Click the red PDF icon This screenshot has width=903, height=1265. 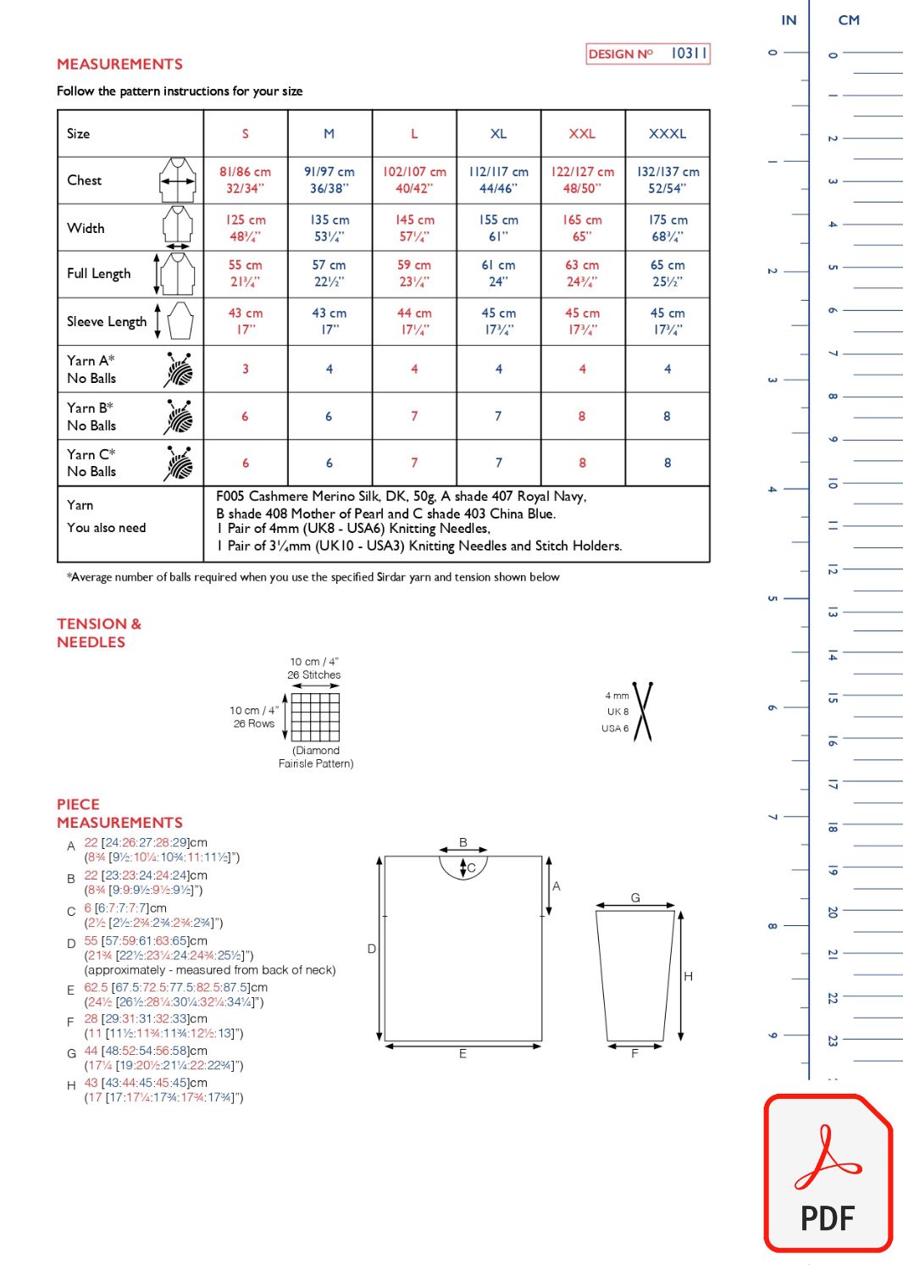[828, 1173]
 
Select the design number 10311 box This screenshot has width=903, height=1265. [648, 54]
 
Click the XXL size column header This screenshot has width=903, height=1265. [582, 134]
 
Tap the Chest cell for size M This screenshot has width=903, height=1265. [330, 180]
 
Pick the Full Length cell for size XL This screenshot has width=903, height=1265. [498, 274]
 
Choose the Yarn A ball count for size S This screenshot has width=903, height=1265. [246, 369]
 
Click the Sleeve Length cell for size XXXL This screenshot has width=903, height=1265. [668, 321]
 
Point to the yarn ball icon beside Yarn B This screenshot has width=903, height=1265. [179, 416]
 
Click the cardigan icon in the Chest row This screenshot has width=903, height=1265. [177, 180]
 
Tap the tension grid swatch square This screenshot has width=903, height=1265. [315, 717]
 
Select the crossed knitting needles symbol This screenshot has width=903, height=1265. [643, 712]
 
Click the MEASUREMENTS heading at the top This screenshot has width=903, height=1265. [119, 64]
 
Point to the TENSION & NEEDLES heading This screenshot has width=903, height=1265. [99, 633]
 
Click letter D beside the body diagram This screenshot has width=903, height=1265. [371, 949]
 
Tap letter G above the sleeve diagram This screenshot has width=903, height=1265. [635, 898]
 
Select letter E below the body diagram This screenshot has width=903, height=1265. [463, 1054]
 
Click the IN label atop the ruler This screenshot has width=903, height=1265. [789, 20]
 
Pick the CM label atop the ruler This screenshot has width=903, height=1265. [849, 20]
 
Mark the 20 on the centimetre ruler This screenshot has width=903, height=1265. [833, 913]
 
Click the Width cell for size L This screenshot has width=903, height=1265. [414, 228]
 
